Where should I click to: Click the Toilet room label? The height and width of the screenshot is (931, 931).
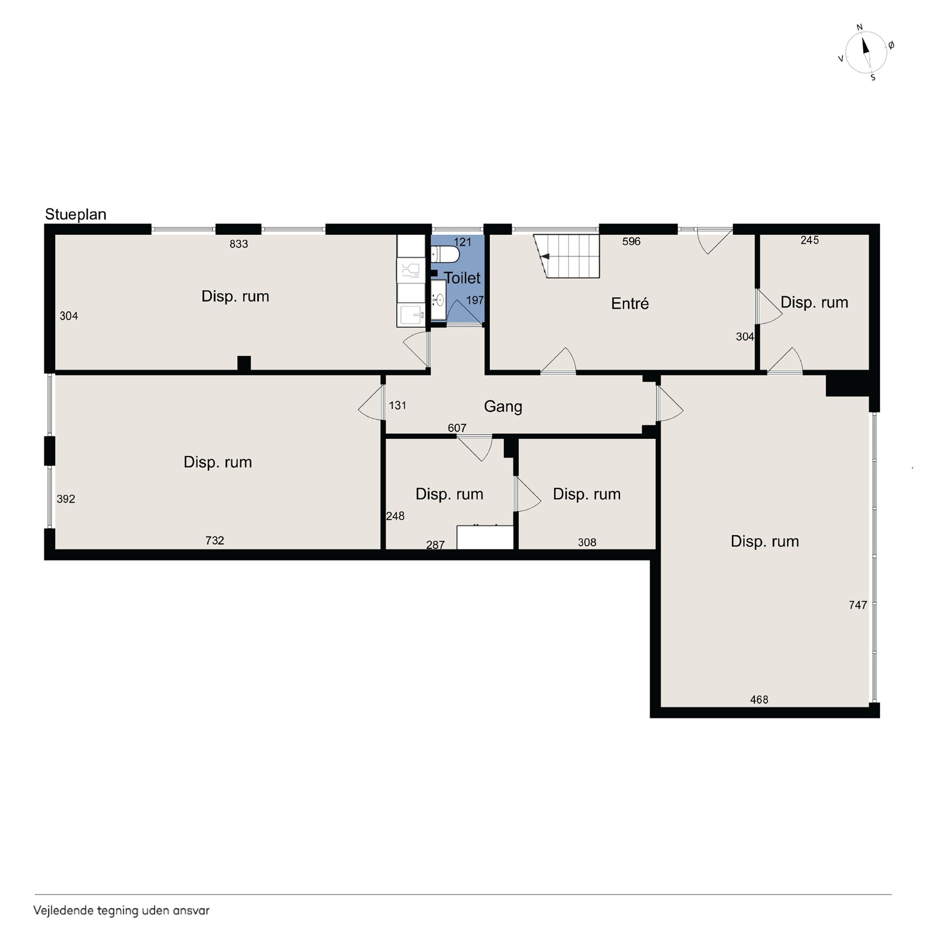click(x=462, y=278)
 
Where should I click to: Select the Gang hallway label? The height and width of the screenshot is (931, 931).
click(x=503, y=406)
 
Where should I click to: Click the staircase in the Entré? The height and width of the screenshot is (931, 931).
click(x=567, y=256)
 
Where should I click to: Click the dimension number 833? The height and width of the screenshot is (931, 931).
click(x=238, y=244)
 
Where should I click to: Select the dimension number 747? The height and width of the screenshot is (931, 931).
click(x=858, y=605)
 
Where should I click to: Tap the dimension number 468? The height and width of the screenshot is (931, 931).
click(x=759, y=699)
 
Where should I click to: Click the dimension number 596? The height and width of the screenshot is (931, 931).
click(x=631, y=241)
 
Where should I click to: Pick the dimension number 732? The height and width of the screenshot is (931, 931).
click(x=214, y=541)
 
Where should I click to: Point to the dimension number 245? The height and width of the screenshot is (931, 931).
click(x=810, y=240)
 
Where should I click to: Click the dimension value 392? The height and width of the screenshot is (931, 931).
click(x=66, y=499)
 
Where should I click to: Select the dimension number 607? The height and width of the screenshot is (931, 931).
click(x=457, y=428)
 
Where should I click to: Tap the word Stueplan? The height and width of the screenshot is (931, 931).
click(x=76, y=214)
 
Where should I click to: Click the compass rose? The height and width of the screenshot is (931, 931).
click(x=866, y=52)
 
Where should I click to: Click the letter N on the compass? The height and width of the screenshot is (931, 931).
click(x=859, y=28)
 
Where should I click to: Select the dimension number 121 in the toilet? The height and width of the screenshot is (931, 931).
click(x=463, y=242)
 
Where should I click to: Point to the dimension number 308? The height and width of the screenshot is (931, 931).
click(x=587, y=542)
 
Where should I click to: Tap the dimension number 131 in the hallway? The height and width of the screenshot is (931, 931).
click(x=397, y=406)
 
